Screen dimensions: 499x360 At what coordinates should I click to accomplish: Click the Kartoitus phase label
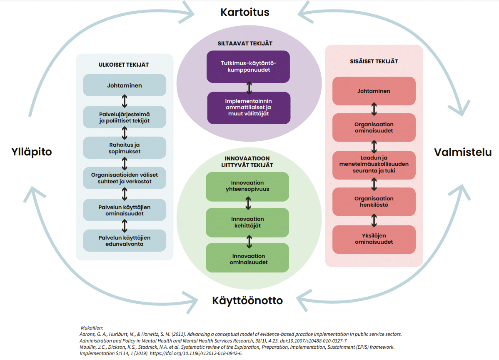pos(245,12)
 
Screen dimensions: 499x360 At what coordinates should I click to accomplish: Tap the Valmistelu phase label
pos(463,152)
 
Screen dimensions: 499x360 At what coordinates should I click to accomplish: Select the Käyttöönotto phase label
pos(247,300)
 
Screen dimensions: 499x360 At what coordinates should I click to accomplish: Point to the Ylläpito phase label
pos(32,152)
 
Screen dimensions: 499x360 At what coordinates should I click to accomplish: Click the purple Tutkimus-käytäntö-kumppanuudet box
pos(248,67)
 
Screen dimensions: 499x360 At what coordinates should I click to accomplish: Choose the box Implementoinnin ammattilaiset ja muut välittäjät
pos(249,107)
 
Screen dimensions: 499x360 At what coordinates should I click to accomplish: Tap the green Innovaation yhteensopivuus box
pos(247,187)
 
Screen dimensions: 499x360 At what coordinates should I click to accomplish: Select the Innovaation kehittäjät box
pos(247,222)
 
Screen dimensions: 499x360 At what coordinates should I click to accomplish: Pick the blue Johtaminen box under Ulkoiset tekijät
pos(125,85)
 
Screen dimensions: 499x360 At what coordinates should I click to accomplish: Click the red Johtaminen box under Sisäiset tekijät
pos(374,91)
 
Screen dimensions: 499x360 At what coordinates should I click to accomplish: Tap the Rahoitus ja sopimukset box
pos(125,147)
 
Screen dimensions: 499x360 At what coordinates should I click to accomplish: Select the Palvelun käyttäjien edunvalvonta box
pos(125,241)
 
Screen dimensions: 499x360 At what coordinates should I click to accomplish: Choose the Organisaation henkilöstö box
pos(374,202)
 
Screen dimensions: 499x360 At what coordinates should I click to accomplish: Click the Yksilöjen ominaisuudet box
pos(374,239)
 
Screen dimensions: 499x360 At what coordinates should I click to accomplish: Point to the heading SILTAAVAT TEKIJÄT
pos(245,44)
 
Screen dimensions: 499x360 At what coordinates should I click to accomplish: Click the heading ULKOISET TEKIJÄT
pos(123,65)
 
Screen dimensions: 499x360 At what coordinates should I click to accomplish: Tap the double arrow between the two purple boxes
pos(249,88)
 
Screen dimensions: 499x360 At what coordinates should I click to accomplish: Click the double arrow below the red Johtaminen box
pos(374,109)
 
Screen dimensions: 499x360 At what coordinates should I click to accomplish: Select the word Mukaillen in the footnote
pos(92,328)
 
